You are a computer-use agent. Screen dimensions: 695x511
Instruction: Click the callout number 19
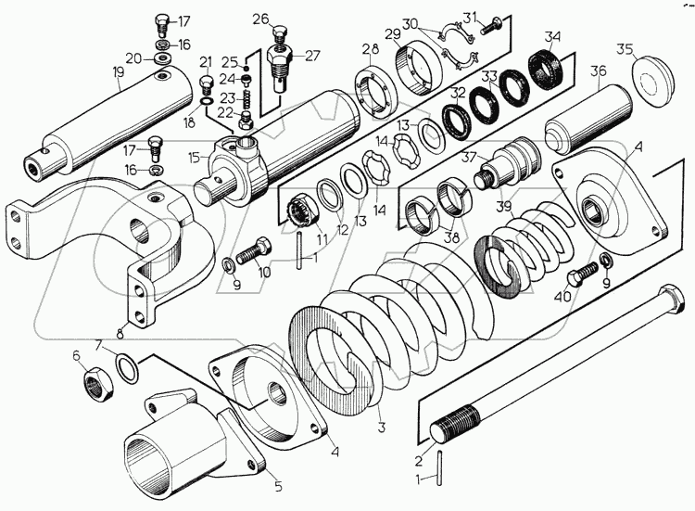(118, 73)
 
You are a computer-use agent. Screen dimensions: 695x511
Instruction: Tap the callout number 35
(625, 50)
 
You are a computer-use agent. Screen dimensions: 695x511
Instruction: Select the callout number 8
(120, 332)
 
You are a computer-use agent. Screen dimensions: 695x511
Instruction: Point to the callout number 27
(312, 57)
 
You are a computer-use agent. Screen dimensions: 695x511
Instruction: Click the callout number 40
(562, 296)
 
